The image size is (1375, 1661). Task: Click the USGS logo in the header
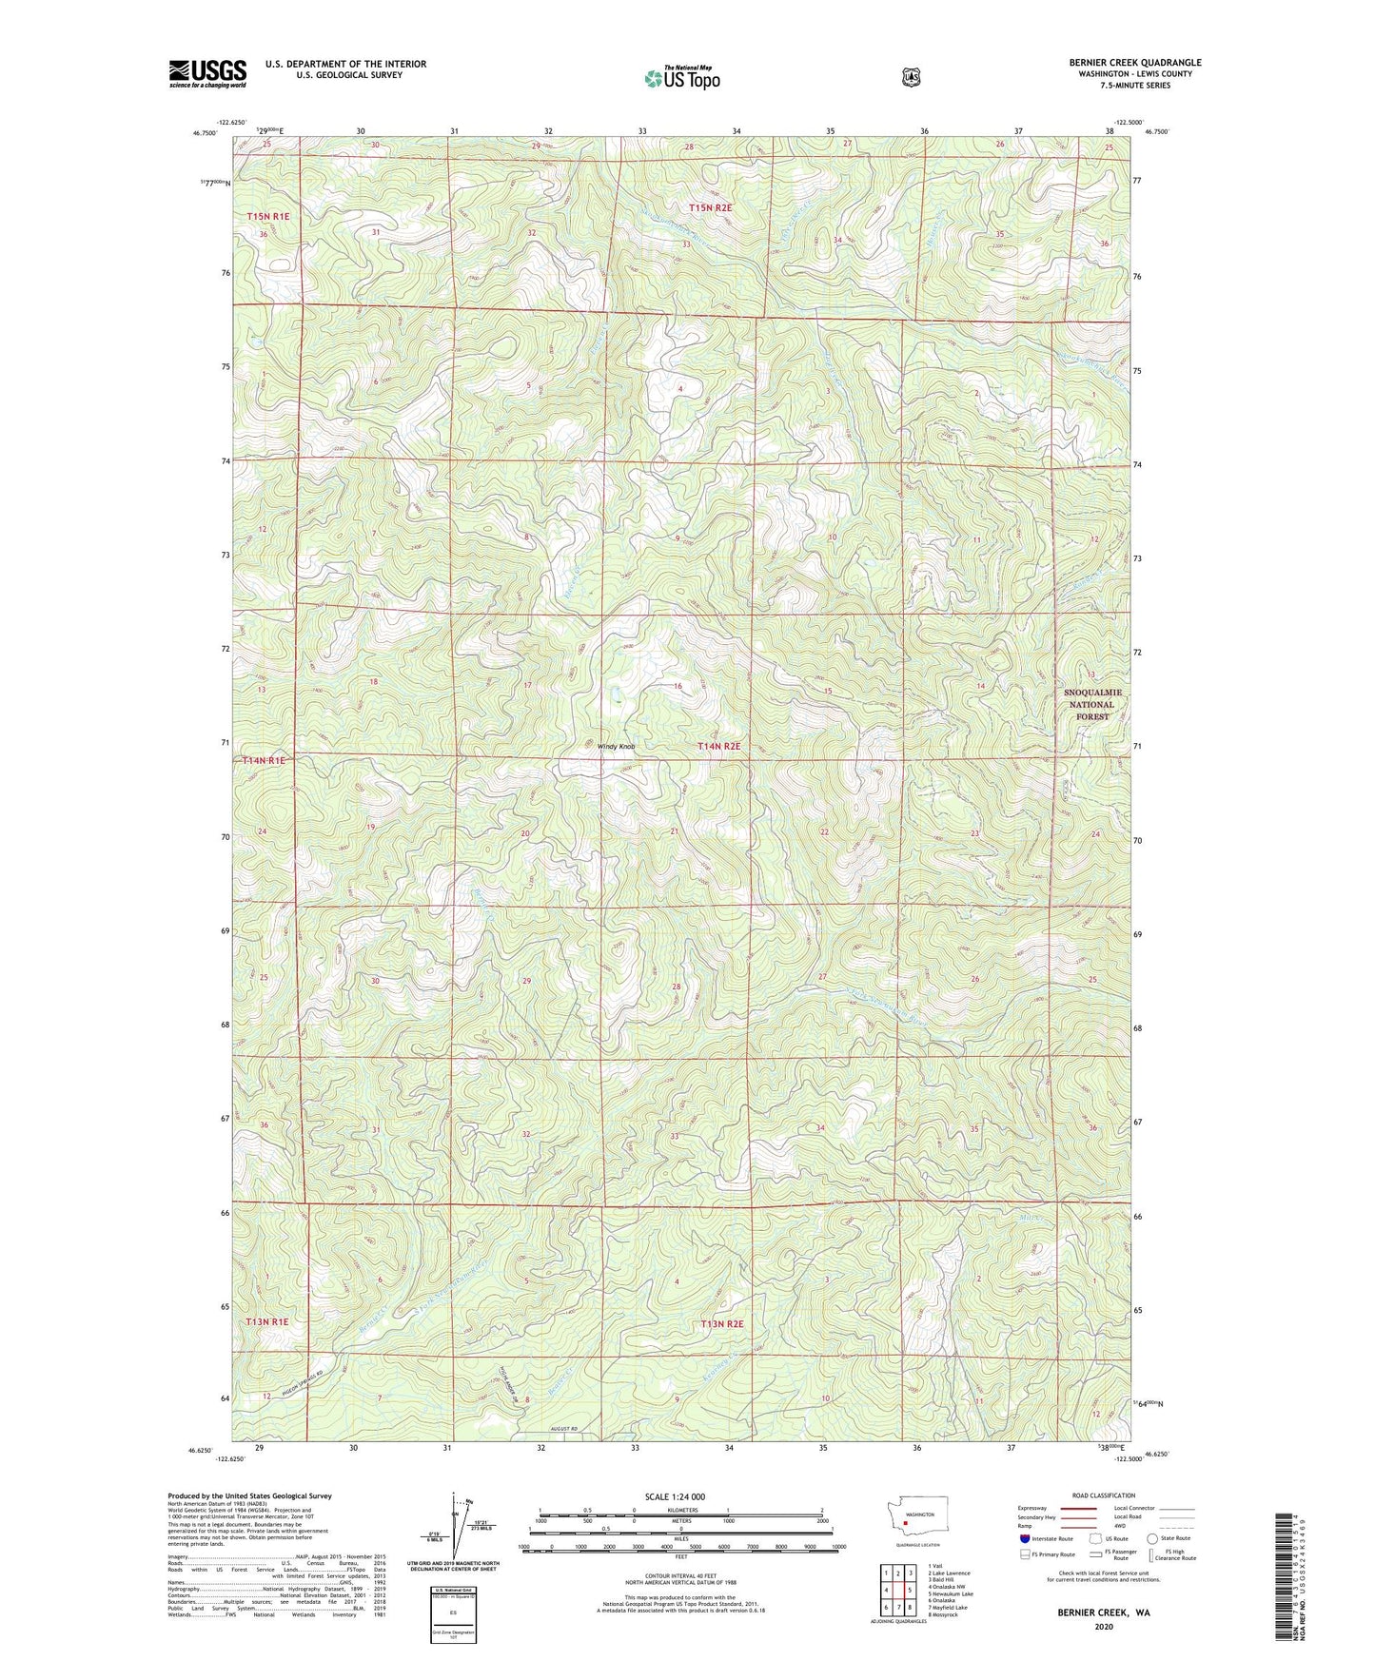click(207, 73)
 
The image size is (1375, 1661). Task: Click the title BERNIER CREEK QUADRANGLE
click(1134, 63)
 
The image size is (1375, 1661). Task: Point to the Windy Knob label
click(616, 747)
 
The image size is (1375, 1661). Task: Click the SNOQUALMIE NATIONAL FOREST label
click(1091, 704)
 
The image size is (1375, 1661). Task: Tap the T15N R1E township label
click(267, 217)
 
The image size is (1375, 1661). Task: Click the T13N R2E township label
click(721, 1323)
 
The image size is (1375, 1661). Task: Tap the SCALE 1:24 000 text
click(675, 1496)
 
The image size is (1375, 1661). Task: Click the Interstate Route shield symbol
click(1024, 1537)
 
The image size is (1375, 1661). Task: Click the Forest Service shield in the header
click(911, 76)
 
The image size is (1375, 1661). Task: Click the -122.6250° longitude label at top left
click(231, 123)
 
